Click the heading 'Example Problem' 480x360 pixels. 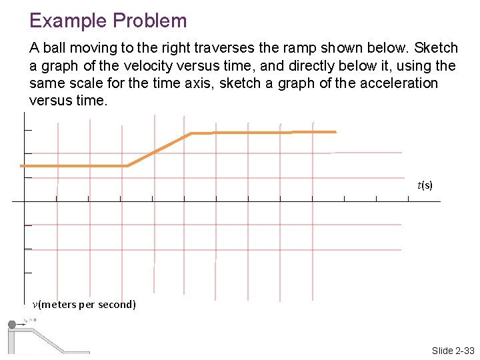[x=108, y=21]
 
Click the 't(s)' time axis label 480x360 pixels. [x=425, y=185]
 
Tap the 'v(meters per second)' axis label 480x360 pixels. [x=84, y=305]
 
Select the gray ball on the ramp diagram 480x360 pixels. [x=11, y=325]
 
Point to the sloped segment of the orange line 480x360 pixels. [x=159, y=149]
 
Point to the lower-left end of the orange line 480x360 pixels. [x=22, y=165]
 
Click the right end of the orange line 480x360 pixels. [x=335, y=132]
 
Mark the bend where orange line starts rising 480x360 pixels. [x=127, y=165]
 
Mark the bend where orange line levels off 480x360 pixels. [x=191, y=133]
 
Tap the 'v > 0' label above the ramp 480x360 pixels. [x=30, y=319]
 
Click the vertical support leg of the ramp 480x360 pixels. [x=11, y=342]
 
